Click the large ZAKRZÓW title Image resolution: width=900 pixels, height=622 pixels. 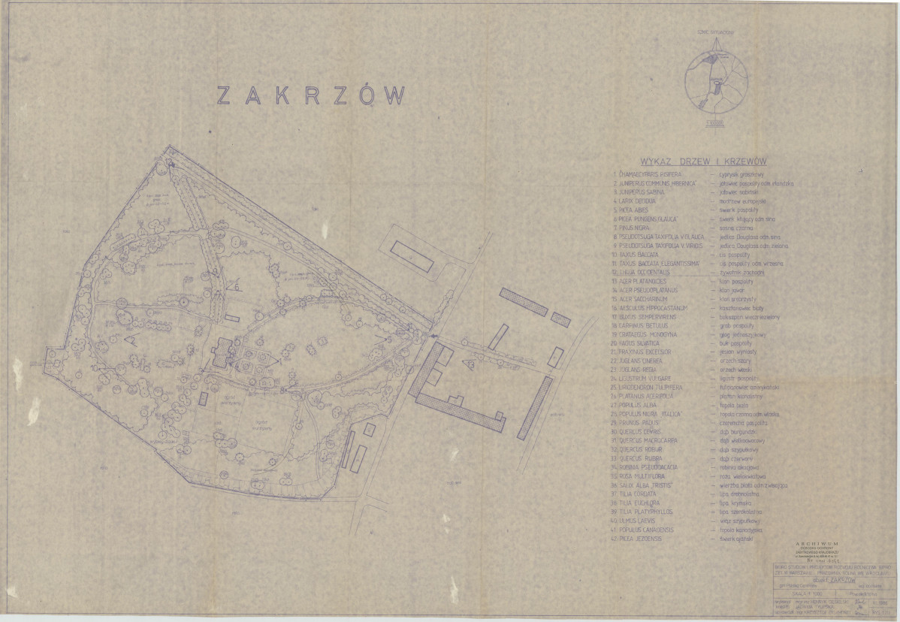(311, 95)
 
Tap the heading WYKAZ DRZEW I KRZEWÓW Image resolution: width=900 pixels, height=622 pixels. (702, 162)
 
